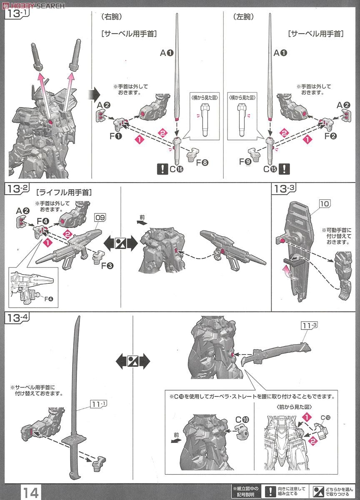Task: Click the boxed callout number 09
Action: (x=100, y=217)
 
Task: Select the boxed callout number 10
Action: (x=325, y=204)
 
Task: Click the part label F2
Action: (x=331, y=136)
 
